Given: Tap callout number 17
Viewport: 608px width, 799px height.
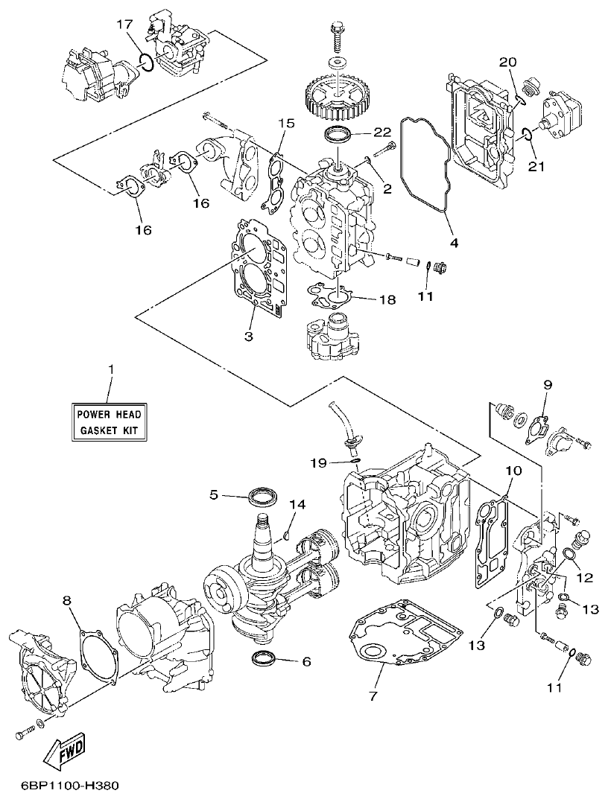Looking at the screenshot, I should [124, 25].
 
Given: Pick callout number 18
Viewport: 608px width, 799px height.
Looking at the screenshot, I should [387, 299].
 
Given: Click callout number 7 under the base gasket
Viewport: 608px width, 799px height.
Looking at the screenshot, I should [373, 696].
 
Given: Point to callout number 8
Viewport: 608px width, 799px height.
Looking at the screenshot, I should [67, 599].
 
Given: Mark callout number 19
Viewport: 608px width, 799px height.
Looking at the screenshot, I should [318, 462].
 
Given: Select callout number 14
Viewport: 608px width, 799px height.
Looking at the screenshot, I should [297, 505].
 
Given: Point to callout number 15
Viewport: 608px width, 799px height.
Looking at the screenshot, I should [287, 122].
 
